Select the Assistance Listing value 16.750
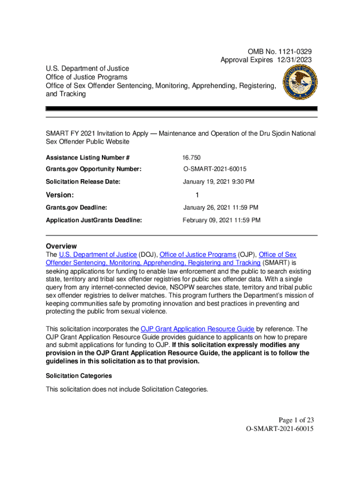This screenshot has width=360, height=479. (x=192, y=158)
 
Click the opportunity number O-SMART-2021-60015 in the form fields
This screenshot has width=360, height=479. (x=215, y=169)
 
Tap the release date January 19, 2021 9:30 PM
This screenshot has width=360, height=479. (x=218, y=181)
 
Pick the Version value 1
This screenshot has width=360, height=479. (x=197, y=195)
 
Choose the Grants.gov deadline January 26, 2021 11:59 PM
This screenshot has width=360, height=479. (x=221, y=208)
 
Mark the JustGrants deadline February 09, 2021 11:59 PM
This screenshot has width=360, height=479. (x=222, y=220)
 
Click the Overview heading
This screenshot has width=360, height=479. (x=61, y=246)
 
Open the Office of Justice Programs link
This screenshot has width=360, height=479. (x=198, y=255)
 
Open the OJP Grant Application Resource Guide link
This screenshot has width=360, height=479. (x=198, y=329)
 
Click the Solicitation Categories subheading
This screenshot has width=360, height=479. (x=79, y=376)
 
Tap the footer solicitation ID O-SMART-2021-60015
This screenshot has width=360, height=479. (x=279, y=428)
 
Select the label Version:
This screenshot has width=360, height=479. (x=60, y=195)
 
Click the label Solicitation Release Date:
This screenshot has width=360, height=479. (x=83, y=181)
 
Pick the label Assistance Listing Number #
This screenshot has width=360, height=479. (x=87, y=158)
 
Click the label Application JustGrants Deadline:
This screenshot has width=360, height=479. (x=94, y=220)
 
